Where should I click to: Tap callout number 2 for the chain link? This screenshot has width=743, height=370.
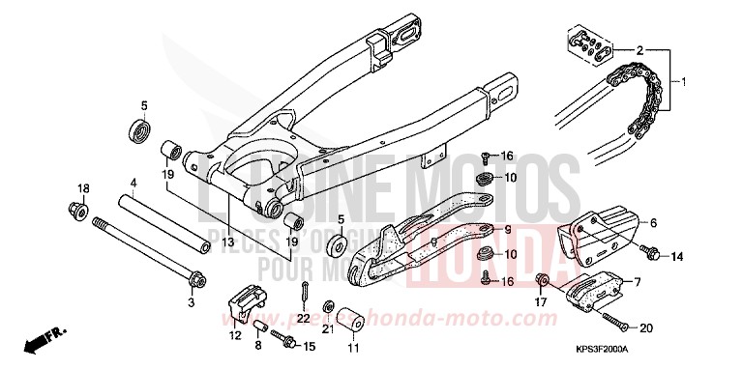click(x=640, y=48)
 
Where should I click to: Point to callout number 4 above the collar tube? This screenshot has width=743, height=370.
click(x=134, y=182)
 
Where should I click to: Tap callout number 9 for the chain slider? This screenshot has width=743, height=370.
click(x=506, y=230)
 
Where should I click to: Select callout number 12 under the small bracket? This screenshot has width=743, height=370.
click(x=234, y=335)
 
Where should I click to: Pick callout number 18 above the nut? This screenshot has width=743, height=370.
click(x=82, y=187)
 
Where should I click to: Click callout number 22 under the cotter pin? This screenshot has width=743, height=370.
click(x=303, y=318)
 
